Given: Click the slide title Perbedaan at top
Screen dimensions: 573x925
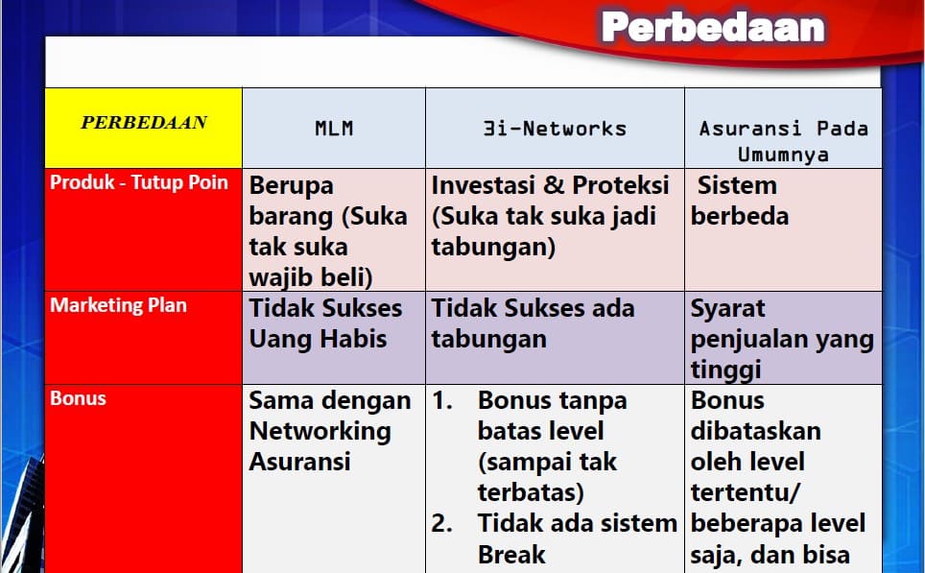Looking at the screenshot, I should click(712, 28).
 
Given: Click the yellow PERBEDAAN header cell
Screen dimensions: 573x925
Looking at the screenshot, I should click(144, 123).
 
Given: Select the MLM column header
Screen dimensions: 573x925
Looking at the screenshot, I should click(334, 128).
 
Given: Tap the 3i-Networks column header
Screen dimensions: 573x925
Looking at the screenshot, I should click(555, 128).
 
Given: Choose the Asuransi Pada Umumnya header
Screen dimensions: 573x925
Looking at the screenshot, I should click(783, 140).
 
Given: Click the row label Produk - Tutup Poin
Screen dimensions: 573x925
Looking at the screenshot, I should click(139, 183).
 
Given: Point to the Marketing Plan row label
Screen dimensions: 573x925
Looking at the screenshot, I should click(118, 305).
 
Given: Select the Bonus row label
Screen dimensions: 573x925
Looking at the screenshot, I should click(78, 398).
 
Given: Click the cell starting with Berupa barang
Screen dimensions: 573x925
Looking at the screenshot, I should click(328, 230).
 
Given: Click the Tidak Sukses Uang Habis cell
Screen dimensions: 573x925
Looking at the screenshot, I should click(325, 323).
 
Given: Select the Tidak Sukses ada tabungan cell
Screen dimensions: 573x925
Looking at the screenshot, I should click(533, 323).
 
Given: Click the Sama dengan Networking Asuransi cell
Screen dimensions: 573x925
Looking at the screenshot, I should click(329, 431).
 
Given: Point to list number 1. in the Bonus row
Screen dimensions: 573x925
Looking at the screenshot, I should click(442, 400).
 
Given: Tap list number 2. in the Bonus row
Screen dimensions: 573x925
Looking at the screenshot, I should click(442, 523).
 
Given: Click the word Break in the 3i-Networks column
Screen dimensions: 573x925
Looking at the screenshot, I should click(511, 554).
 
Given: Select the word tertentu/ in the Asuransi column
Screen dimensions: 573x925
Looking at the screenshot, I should click(746, 492).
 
